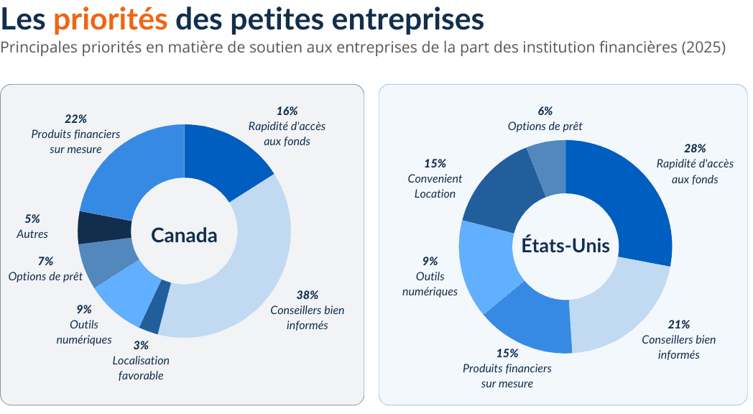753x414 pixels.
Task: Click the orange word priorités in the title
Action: [x=110, y=20]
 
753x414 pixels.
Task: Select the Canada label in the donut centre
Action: [x=184, y=235]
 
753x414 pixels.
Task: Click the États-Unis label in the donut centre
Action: [x=565, y=246]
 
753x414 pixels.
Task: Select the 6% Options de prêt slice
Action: [x=548, y=167]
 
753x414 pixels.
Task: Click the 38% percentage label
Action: [x=307, y=295]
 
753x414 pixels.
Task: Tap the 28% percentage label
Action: [x=694, y=148]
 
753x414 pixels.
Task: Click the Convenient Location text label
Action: [x=435, y=186]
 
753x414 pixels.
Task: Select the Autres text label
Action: [x=32, y=234]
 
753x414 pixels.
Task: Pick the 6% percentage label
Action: [x=545, y=111]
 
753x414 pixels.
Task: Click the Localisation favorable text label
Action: [x=141, y=367]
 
